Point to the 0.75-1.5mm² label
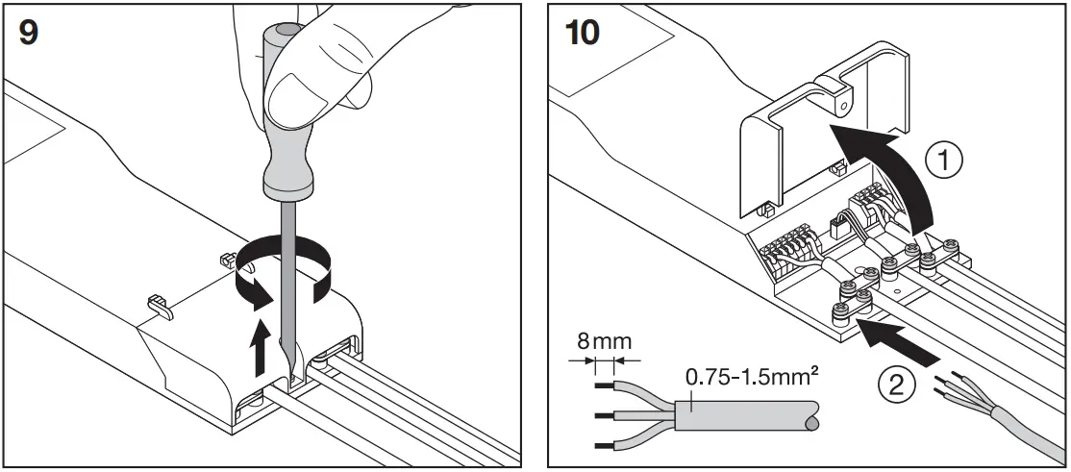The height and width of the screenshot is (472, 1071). [739, 377]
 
